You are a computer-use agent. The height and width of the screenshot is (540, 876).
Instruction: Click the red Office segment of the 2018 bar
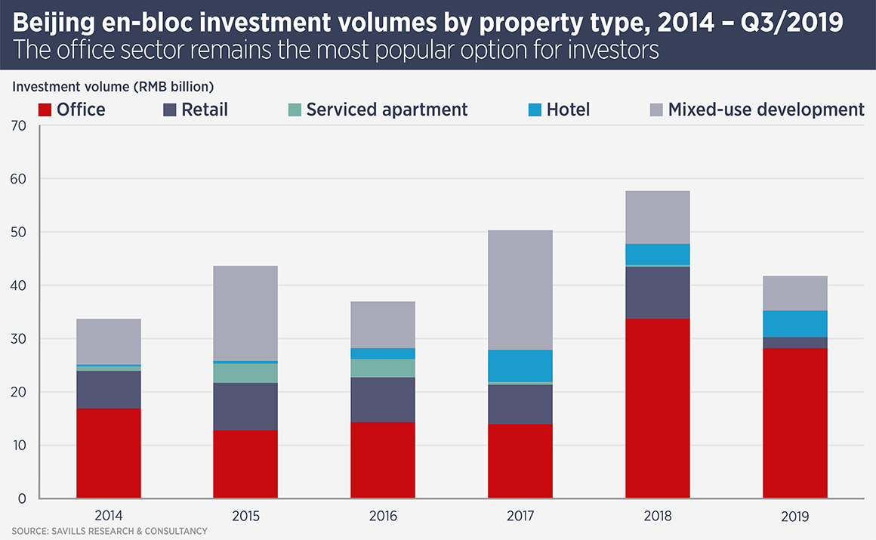click(x=658, y=409)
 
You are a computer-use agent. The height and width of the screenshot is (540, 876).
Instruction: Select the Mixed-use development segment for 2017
click(x=520, y=290)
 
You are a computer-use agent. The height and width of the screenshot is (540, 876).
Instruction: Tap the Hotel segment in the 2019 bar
click(x=795, y=324)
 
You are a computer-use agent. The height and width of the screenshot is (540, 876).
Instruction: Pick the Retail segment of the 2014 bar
click(x=109, y=390)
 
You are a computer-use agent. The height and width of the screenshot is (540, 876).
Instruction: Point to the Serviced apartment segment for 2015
click(x=245, y=373)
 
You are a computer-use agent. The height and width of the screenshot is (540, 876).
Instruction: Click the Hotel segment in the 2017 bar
click(x=520, y=366)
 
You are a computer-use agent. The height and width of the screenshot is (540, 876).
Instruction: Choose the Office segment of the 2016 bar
click(x=383, y=460)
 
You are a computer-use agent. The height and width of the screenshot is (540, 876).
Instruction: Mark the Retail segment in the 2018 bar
click(x=658, y=293)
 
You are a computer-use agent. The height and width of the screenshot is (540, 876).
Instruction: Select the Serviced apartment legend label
click(x=387, y=110)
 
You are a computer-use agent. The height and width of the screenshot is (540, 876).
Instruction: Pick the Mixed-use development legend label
click(x=766, y=110)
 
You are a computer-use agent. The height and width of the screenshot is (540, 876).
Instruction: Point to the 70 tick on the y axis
click(x=18, y=126)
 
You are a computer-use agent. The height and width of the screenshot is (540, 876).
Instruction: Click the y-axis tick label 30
click(x=18, y=339)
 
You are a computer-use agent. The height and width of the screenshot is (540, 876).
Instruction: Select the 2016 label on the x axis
click(x=383, y=517)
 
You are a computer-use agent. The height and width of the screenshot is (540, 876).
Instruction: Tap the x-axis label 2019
click(x=795, y=517)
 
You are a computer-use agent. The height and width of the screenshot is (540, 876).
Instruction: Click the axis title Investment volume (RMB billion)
click(x=113, y=86)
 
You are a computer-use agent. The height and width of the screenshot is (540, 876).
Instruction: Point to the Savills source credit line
click(x=109, y=532)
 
